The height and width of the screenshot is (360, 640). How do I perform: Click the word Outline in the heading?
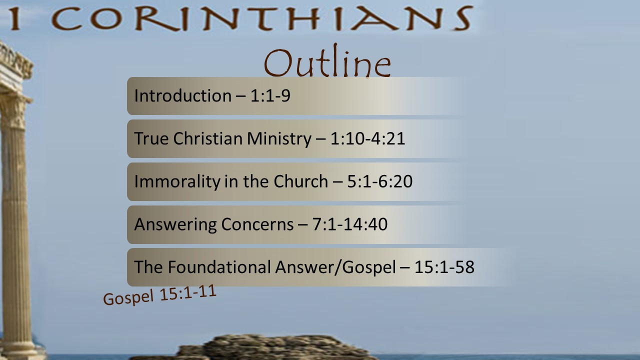point(327,61)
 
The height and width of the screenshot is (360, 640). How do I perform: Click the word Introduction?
point(183,95)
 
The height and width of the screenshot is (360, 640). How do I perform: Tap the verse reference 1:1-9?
point(270,95)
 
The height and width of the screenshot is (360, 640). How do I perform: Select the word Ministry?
point(279,139)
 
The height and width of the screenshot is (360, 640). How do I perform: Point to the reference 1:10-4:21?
point(367,138)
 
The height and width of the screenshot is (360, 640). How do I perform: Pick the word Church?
point(301,181)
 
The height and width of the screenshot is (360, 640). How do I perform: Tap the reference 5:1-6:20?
point(379,181)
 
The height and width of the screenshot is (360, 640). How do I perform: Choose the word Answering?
point(175,224)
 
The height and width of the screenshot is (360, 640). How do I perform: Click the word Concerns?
point(257,224)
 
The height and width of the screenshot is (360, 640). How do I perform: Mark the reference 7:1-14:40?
point(349,224)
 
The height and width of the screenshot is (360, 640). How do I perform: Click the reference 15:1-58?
point(444,267)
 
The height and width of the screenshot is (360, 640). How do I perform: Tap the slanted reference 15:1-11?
point(188,292)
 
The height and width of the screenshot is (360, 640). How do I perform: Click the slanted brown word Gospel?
point(128,297)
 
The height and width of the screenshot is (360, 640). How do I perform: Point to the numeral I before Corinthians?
point(15,18)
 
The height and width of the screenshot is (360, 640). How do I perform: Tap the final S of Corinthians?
point(462,18)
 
